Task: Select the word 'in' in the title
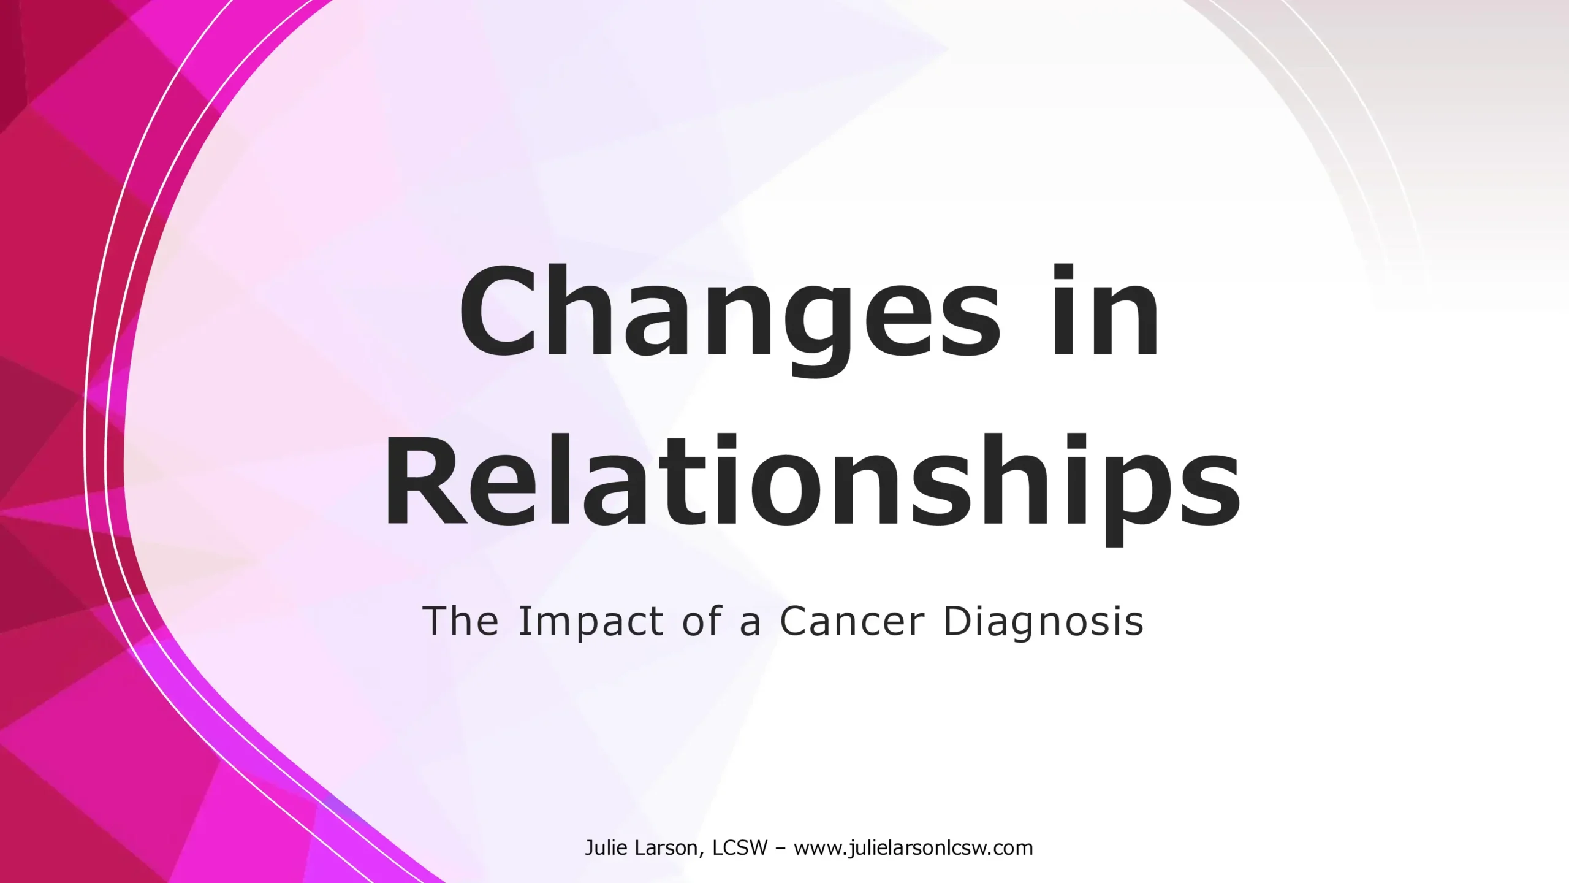click(1106, 309)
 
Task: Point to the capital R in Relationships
click(425, 480)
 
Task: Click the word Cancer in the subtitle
click(852, 621)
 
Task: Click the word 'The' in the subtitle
click(461, 621)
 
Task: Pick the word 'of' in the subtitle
click(702, 621)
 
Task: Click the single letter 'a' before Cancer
click(750, 625)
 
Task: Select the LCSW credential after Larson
click(740, 848)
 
